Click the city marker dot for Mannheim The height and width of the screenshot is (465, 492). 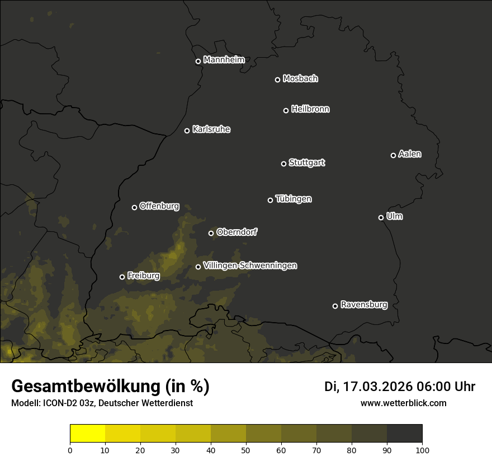click(198, 62)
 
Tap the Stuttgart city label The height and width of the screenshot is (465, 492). click(306, 162)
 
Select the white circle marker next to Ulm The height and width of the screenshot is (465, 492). click(381, 217)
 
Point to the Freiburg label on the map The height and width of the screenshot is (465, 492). click(143, 276)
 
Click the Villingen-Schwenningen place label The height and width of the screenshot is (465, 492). click(250, 266)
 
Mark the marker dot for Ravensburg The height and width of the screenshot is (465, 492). click(335, 306)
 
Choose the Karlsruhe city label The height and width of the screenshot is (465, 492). click(211, 129)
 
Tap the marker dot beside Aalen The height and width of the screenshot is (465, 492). click(393, 155)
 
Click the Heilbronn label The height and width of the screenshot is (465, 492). click(310, 109)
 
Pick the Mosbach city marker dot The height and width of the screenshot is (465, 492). click(277, 80)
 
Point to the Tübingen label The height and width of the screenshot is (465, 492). click(294, 199)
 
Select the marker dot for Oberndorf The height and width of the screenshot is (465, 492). click(211, 233)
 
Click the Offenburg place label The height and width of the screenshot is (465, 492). click(159, 206)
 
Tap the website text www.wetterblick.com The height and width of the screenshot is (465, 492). click(403, 403)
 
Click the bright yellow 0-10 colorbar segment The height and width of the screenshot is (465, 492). click(88, 434)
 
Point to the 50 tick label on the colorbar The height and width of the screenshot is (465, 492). click(246, 449)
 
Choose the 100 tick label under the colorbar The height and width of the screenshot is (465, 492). click(422, 449)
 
